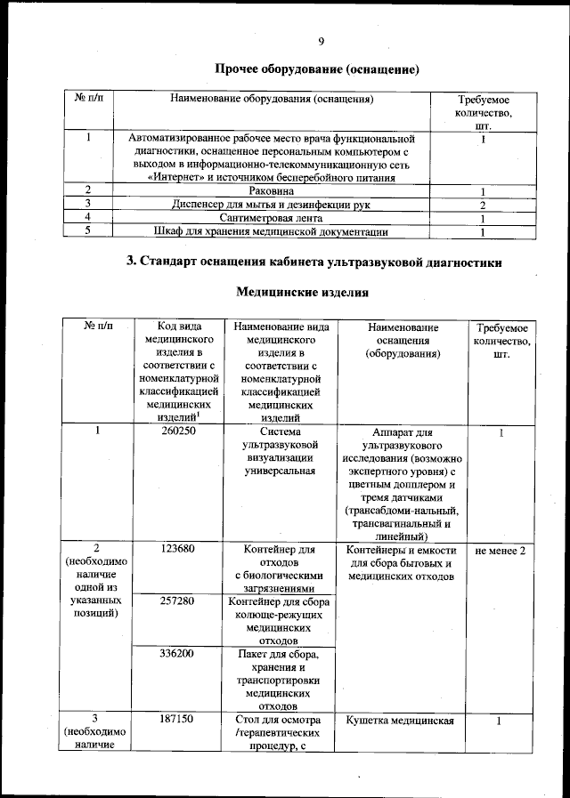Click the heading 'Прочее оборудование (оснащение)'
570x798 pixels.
[x=316, y=69]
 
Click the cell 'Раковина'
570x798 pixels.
[x=271, y=191]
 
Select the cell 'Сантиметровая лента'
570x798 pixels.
[x=271, y=219]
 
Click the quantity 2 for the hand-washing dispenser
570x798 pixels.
[x=481, y=206]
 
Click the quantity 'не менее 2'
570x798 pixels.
[x=501, y=551]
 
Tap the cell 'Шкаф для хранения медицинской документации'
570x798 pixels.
[x=271, y=233]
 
